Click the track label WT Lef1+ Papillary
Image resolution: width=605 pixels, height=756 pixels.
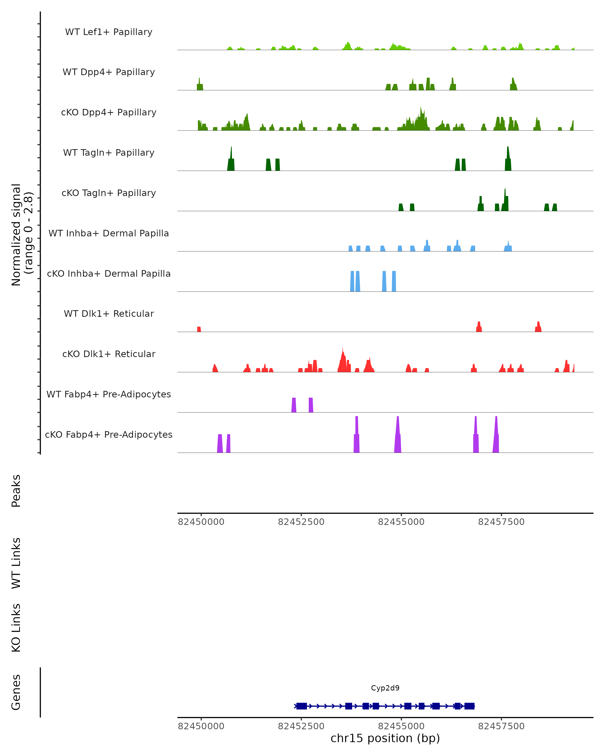109,32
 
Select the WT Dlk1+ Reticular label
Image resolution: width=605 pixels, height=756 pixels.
109,313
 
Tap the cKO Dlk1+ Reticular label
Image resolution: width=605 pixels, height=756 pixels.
109,354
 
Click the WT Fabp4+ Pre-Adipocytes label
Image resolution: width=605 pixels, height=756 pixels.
109,394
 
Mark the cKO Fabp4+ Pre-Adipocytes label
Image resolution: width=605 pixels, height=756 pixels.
109,434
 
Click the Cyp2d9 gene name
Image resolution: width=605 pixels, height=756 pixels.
385,688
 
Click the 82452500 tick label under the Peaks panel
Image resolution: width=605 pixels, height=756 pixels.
301,522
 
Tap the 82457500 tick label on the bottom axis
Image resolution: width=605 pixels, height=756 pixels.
501,726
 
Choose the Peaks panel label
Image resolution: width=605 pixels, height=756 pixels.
16,491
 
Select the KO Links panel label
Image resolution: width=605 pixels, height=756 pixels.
16,628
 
